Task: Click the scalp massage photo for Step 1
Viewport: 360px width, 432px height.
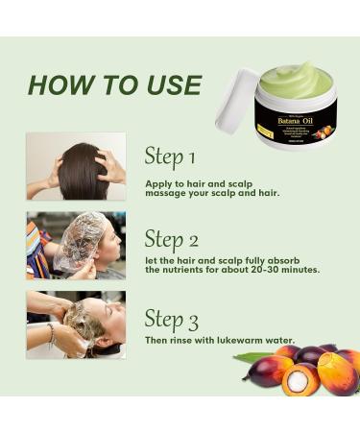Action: [x=76, y=165]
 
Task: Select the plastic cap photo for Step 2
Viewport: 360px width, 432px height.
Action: [x=76, y=245]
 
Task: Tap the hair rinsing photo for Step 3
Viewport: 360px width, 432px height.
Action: [x=76, y=324]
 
